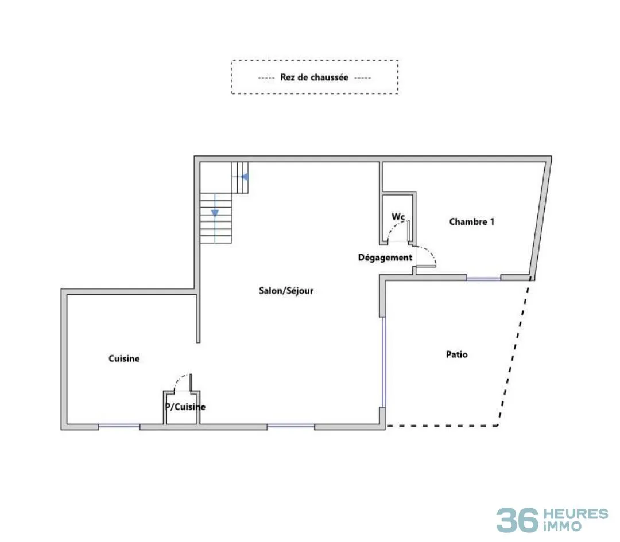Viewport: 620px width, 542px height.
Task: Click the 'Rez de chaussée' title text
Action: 315,77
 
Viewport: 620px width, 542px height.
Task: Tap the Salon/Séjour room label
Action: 286,291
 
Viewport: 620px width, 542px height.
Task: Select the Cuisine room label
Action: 124,358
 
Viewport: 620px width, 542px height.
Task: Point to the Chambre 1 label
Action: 472,221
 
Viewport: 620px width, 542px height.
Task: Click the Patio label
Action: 457,354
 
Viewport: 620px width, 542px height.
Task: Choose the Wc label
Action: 398,216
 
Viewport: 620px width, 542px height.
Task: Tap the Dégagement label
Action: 385,258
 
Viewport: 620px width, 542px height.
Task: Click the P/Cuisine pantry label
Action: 185,407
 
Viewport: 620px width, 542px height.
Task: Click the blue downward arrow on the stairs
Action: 215,213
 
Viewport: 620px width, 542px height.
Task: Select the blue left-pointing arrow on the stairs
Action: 245,177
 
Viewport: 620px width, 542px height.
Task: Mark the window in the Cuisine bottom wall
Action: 119,426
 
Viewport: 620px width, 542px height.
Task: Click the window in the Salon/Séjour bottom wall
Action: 291,426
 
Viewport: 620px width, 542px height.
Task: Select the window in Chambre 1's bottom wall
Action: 483,278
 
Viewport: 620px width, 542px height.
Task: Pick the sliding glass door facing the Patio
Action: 383,362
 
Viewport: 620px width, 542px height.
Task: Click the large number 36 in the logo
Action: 517,520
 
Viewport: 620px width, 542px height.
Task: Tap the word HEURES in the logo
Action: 576,514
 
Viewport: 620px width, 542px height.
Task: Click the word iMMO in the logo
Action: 563,526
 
